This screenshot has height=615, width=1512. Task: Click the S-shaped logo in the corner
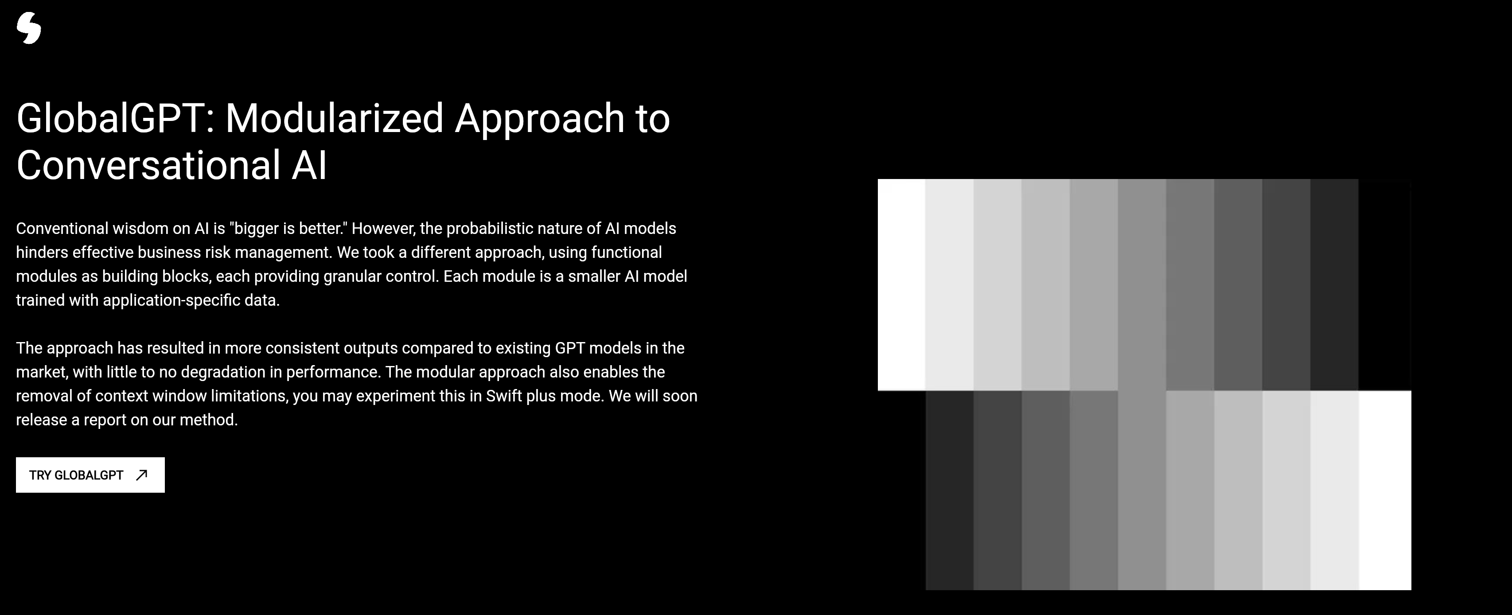pyautogui.click(x=29, y=28)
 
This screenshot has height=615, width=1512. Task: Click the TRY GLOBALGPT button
pyautogui.click(x=90, y=475)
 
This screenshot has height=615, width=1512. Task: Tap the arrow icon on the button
pyautogui.click(x=141, y=475)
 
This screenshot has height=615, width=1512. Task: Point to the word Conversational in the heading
pyautogui.click(x=148, y=165)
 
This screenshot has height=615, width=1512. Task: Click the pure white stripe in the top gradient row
pyautogui.click(x=901, y=284)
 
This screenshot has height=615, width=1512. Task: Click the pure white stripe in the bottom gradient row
pyautogui.click(x=1385, y=490)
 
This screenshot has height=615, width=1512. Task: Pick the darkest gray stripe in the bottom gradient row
pyautogui.click(x=950, y=490)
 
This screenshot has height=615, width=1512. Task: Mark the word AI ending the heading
pyautogui.click(x=309, y=165)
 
